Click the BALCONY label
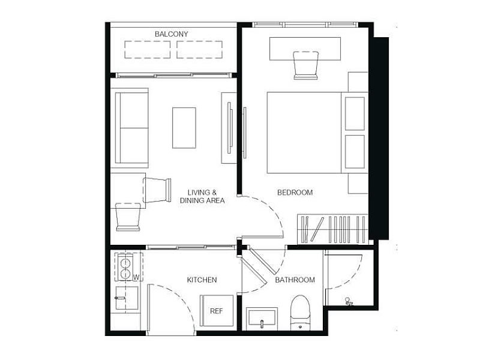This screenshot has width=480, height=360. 172,34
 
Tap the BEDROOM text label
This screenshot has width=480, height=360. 295,193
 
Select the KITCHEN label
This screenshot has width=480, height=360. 202,280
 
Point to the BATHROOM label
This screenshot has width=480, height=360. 295,280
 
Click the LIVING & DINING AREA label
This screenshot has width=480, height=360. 202,197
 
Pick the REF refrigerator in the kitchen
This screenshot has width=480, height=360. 217,311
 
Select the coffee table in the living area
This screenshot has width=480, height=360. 184,128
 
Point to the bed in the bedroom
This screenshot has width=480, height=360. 317,133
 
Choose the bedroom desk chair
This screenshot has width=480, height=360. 306,65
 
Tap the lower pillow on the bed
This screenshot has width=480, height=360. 355,152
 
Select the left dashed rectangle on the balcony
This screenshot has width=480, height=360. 147,50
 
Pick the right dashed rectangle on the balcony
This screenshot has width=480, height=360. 199,50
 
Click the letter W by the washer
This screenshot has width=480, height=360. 136,277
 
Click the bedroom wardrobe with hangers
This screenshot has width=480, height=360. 332,229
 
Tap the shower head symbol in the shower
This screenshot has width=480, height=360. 349,301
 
